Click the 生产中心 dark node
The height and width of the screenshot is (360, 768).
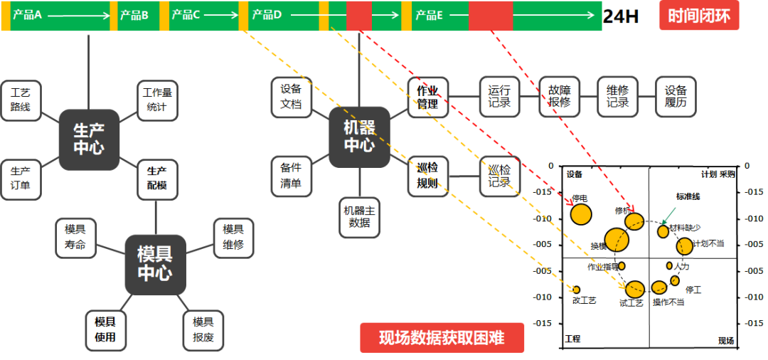tap(89, 139)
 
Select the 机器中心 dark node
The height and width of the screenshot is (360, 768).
tap(359, 137)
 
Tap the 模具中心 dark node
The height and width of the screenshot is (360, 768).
tap(155, 264)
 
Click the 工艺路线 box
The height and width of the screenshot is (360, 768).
tap(21, 100)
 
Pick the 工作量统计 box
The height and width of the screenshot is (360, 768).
tap(156, 100)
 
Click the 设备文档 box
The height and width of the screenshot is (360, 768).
tap(292, 97)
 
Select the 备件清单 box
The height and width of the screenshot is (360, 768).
tap(292, 176)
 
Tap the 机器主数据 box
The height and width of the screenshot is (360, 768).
tap(360, 217)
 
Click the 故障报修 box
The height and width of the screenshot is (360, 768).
tap(559, 97)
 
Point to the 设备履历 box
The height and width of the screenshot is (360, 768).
tap(676, 97)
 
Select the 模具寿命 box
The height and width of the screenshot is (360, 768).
tap(75, 238)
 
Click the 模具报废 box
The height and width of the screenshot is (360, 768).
tap(203, 329)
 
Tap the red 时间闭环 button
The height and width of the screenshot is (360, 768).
tap(699, 16)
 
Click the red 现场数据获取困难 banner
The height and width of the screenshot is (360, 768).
tap(442, 338)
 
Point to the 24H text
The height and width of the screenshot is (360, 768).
tap(621, 16)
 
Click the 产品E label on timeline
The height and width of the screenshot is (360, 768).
tap(430, 15)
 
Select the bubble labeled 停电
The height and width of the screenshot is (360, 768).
tap(581, 214)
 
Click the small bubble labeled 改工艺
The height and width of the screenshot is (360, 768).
tap(577, 290)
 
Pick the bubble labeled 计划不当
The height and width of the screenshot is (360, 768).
tap(684, 246)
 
